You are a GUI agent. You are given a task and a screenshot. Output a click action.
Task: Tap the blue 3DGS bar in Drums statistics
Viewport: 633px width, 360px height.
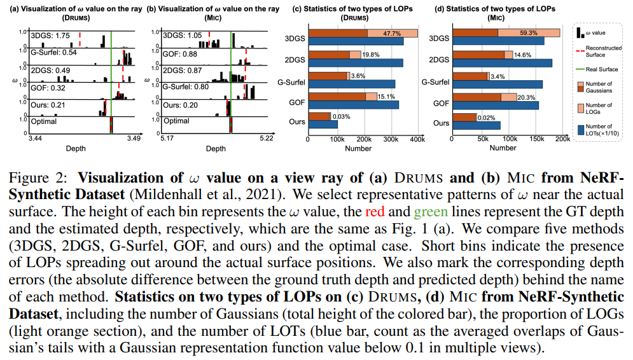pyautogui.click(x=356, y=41)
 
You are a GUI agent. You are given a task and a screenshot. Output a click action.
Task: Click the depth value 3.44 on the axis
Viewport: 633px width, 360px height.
pyautogui.click(x=36, y=138)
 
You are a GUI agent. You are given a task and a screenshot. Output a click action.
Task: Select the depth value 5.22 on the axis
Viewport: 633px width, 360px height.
pyautogui.click(x=266, y=138)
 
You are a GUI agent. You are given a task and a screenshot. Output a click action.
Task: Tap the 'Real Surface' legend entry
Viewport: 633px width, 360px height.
pyautogui.click(x=595, y=69)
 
